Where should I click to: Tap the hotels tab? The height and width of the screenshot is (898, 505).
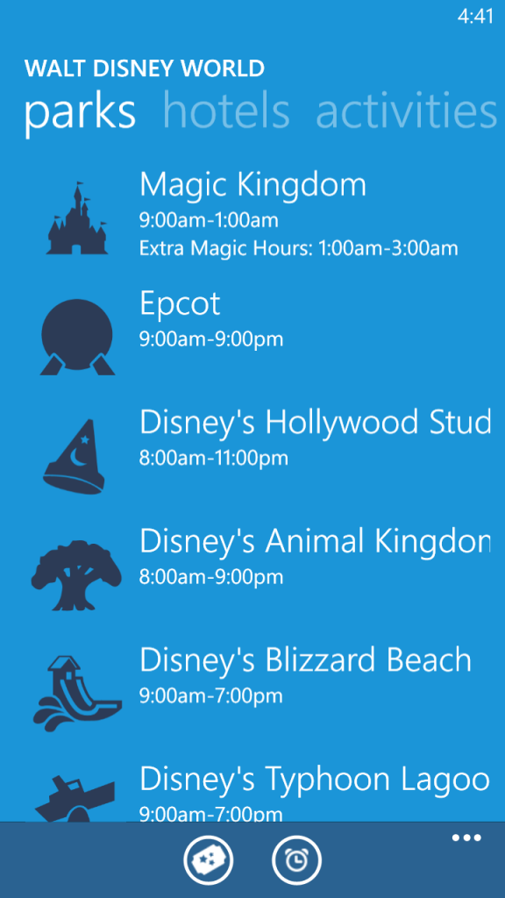click(x=226, y=111)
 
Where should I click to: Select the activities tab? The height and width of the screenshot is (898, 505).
click(x=407, y=111)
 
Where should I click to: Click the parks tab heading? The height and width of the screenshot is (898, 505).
click(x=80, y=113)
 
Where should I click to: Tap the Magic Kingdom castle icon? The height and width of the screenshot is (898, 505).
click(x=77, y=218)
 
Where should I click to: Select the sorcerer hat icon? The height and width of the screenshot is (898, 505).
click(x=75, y=456)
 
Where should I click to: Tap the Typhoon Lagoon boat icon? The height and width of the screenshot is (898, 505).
click(x=75, y=798)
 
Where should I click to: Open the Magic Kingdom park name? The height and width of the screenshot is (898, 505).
click(x=252, y=184)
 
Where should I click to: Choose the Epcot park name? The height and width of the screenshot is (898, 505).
click(x=180, y=304)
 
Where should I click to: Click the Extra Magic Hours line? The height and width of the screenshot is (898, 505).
click(x=298, y=248)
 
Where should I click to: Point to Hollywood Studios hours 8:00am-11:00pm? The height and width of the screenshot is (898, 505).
click(x=214, y=458)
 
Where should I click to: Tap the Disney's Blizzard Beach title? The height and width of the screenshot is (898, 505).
click(x=306, y=660)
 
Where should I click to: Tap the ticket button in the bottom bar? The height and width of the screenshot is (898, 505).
click(x=209, y=860)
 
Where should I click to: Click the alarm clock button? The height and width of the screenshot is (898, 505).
click(x=296, y=860)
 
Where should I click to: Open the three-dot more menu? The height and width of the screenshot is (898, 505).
click(x=466, y=838)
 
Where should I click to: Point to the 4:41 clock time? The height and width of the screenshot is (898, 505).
click(x=475, y=17)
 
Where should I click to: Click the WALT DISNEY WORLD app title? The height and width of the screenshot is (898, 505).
click(x=145, y=68)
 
